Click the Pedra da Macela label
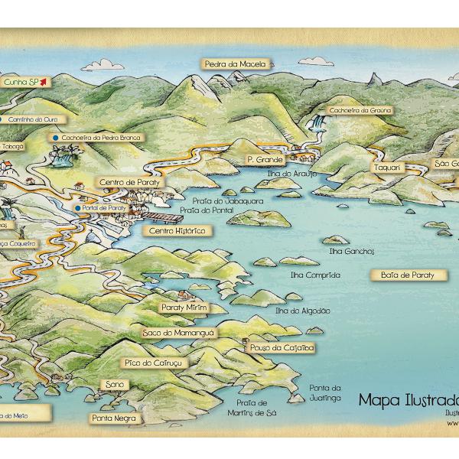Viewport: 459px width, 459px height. tap(236, 64)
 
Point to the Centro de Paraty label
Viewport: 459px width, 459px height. tap(128, 182)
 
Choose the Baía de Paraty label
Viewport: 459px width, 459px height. tap(407, 274)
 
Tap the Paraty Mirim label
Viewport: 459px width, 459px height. tap(184, 307)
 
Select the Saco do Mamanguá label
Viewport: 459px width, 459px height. tap(179, 333)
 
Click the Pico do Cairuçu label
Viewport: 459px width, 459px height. tap(152, 361)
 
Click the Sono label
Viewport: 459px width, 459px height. tap(115, 384)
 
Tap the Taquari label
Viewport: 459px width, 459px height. tap(387, 168)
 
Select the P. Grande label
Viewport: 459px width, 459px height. tap(265, 160)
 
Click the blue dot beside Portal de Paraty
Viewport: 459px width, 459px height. tap(77, 208)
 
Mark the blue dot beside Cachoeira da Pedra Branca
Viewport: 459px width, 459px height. tap(55, 138)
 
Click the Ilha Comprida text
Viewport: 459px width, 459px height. tap(315, 275)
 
